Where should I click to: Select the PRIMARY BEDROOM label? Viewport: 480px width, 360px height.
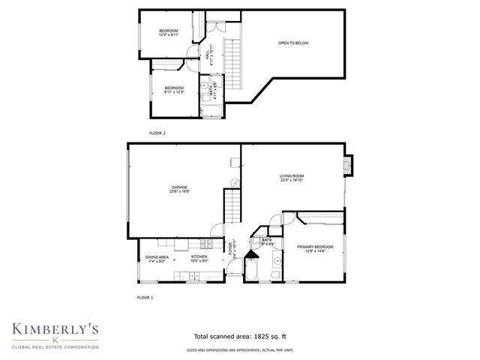click(x=315, y=249)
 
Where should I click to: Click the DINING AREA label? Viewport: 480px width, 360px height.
click(x=157, y=259)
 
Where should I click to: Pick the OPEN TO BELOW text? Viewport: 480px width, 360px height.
click(x=293, y=43)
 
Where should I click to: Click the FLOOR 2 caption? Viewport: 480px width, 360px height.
click(x=157, y=133)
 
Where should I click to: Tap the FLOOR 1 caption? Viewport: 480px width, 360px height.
click(x=145, y=298)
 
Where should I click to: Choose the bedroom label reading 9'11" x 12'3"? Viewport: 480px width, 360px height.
click(x=174, y=90)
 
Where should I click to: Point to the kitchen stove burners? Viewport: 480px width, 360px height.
click(x=181, y=243)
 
